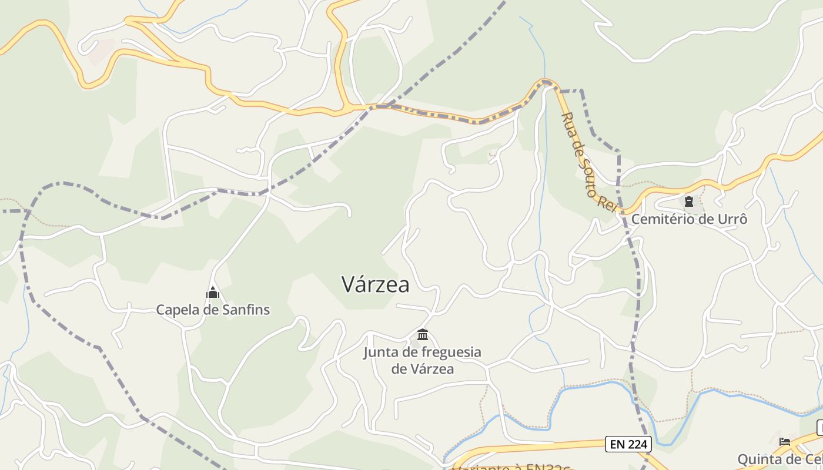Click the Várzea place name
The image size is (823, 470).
tap(375, 284)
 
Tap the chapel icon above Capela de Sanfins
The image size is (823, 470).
tap(212, 293)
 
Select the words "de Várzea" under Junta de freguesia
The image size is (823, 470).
tap(423, 369)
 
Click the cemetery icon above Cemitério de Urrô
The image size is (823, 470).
tap(689, 202)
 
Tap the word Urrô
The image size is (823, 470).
tap(733, 219)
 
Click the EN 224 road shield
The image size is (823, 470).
tap(628, 444)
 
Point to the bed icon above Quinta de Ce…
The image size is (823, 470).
tap(785, 441)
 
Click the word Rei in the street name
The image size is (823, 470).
tap(605, 202)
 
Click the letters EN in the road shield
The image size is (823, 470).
tap(617, 444)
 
